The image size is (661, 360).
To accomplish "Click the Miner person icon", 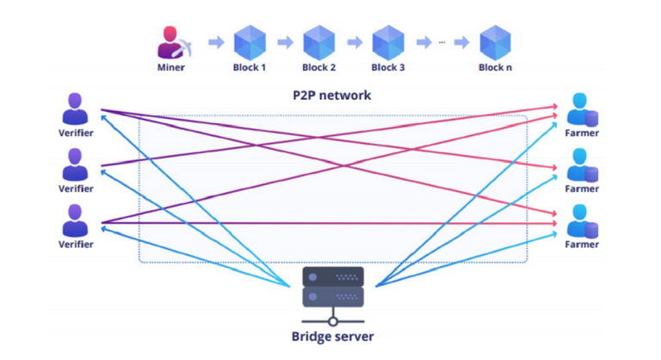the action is (174, 42).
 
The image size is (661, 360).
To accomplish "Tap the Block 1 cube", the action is (250, 42).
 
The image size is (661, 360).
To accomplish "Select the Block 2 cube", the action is (319, 42).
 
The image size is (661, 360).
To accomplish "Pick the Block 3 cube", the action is (388, 42).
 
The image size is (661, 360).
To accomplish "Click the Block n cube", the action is (496, 42).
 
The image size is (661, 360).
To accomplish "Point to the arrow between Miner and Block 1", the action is (216, 42).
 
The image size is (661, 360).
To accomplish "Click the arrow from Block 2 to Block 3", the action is (355, 42).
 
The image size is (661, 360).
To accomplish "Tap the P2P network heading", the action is (332, 96).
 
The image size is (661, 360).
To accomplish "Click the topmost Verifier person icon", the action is (75, 109).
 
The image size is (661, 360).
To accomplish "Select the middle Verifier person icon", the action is (75, 164).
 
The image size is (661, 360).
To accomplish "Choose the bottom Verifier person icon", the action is (75, 220).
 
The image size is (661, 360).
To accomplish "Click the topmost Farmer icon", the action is (582, 109).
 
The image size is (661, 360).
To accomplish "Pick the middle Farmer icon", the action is (582, 165).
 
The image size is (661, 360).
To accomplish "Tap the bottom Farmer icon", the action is (582, 221).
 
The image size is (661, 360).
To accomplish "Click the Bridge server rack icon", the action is (333, 287).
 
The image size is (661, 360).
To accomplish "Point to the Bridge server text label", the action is (332, 337).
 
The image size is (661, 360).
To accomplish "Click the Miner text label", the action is (170, 67).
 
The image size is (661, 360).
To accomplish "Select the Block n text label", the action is (496, 67).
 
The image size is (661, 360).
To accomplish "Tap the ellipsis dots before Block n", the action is (442, 42).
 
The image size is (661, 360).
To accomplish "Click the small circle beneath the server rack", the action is (333, 321).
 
